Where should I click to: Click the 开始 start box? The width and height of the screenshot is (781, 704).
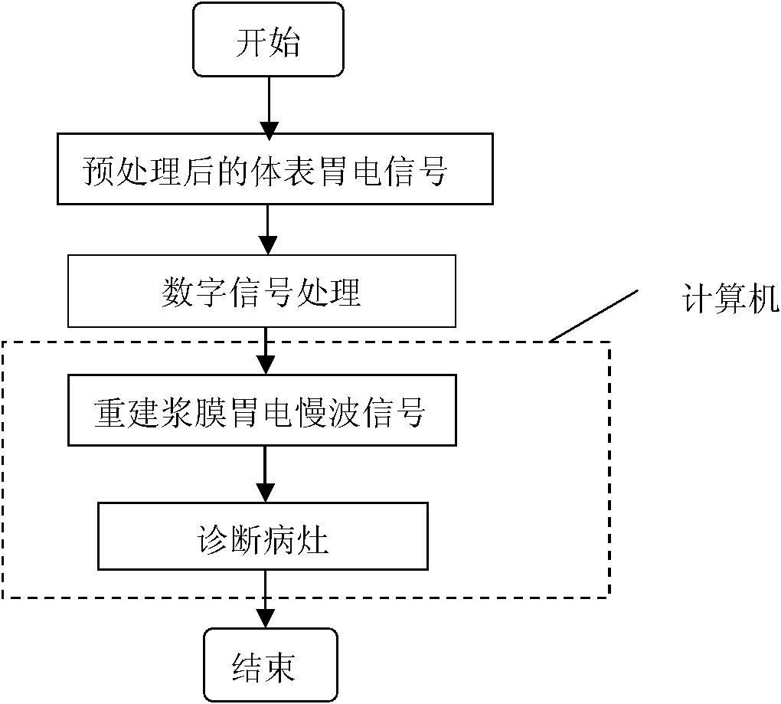pyautogui.click(x=267, y=41)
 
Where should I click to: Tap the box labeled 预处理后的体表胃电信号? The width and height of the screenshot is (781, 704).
pyautogui.click(x=274, y=169)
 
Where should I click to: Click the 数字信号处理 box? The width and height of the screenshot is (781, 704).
pyautogui.click(x=262, y=291)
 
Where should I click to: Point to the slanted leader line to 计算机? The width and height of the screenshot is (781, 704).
pyautogui.click(x=594, y=316)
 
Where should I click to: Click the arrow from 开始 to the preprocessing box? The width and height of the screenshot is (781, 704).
pyautogui.click(x=267, y=106)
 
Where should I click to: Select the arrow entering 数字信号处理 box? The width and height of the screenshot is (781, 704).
pyautogui.click(x=267, y=230)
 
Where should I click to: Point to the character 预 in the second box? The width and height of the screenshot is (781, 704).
pyautogui.click(x=98, y=171)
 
